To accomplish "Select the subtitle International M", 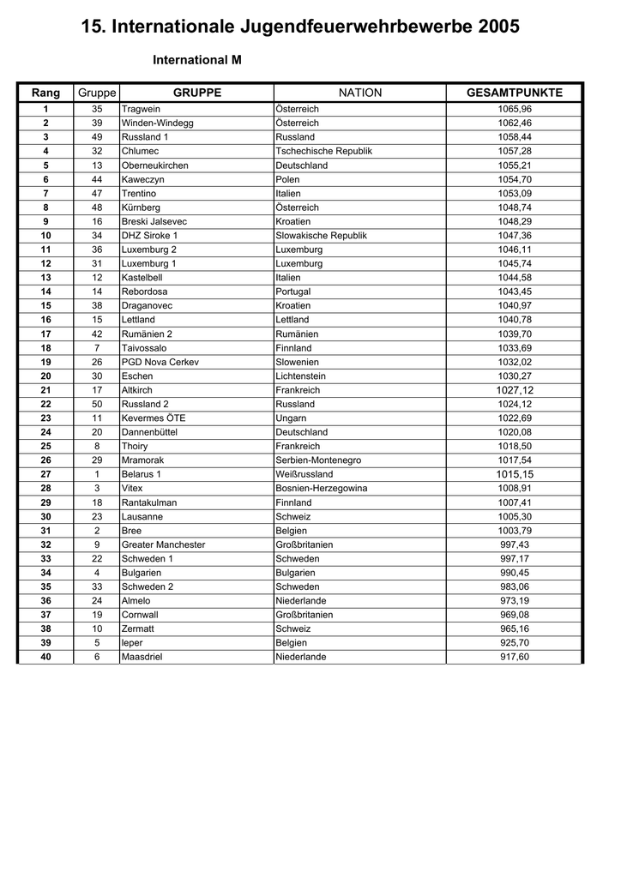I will (x=197, y=61).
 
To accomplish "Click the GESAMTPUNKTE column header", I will (x=515, y=93).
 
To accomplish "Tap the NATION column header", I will (x=360, y=93).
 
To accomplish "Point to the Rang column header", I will (x=46, y=93).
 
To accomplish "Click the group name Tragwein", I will (x=141, y=109).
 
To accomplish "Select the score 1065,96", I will (x=515, y=109).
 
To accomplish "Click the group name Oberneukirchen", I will (x=154, y=165).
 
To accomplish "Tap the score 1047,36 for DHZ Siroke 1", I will (x=515, y=236).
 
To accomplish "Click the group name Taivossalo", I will (x=144, y=348).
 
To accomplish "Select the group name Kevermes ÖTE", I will (x=154, y=418).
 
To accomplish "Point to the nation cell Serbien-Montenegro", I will (x=318, y=460).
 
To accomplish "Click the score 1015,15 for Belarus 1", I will (x=515, y=474).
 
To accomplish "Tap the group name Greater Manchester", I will (x=163, y=544).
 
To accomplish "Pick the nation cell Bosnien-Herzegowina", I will (x=321, y=489).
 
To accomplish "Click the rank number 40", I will (x=46, y=657).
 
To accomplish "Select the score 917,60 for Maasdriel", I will (x=515, y=657).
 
